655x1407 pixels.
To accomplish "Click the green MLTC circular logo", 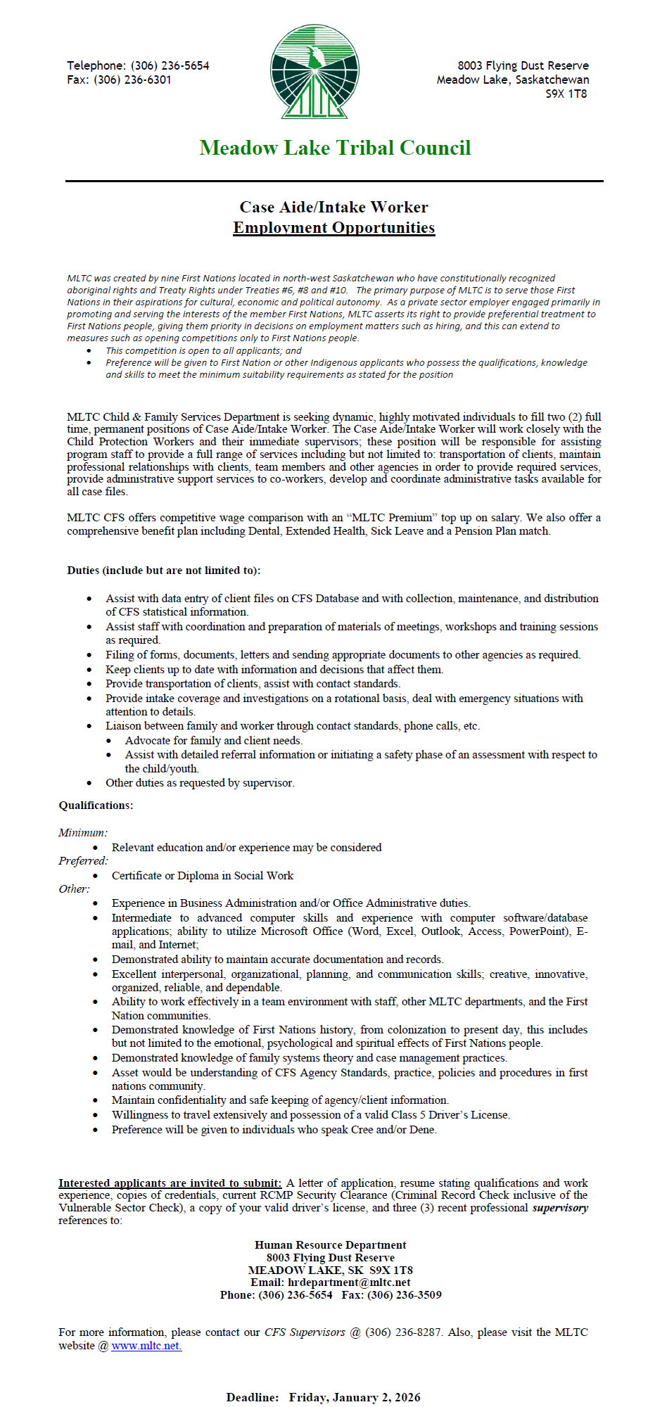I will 314,71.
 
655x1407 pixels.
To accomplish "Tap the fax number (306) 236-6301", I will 132,79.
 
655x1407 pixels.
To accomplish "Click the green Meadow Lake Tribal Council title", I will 335,148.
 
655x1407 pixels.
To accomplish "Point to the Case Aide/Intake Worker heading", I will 333,207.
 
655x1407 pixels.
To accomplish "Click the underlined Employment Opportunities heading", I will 333,227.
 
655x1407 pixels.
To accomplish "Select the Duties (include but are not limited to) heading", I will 163,570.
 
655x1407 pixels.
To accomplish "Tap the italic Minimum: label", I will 83,832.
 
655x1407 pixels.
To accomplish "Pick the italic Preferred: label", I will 83,860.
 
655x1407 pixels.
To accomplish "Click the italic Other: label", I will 74,889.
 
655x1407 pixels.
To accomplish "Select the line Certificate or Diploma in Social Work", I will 203,875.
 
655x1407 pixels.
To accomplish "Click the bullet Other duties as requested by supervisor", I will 200,782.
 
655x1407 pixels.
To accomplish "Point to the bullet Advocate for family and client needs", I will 214,740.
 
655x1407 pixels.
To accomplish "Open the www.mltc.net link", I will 146,1345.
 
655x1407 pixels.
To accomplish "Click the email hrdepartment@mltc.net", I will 349,1282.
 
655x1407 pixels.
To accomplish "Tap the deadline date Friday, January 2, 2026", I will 355,1397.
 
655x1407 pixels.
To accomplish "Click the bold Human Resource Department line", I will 330,1244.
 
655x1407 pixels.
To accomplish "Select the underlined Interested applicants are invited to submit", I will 170,1183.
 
